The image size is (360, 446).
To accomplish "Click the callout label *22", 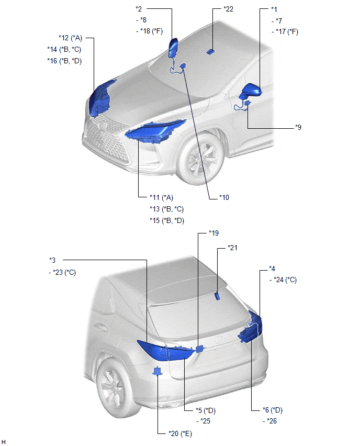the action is (228, 9).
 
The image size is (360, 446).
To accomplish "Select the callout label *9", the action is (298, 127).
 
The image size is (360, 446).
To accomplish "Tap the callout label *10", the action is (224, 197).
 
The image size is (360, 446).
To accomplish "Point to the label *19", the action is (213, 233).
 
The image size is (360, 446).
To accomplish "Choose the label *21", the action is (232, 248).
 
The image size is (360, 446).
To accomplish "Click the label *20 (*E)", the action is (181, 433).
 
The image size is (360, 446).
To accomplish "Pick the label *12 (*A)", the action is (70, 38).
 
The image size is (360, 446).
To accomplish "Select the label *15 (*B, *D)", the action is (167, 220).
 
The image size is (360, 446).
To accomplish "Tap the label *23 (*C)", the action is (64, 273).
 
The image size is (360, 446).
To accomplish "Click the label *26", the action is (272, 421).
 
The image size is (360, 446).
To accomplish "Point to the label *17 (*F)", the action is (287, 31).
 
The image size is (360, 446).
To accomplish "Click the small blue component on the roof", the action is (210, 52).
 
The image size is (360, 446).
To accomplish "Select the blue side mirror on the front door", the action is (251, 91).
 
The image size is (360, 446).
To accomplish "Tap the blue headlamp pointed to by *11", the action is (155, 131).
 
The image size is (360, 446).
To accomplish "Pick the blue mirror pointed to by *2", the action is (173, 48).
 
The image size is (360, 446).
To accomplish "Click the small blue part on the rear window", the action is (218, 296).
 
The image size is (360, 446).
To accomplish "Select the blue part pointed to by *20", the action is (156, 371).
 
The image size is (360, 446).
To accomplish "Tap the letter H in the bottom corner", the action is (4, 442).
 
